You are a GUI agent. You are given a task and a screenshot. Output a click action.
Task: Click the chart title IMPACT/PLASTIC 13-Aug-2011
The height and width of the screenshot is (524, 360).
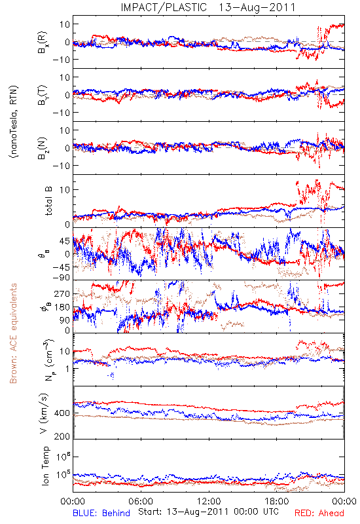click(x=208, y=7)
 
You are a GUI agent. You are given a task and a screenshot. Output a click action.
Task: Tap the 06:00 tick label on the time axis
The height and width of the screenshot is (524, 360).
click(x=141, y=501)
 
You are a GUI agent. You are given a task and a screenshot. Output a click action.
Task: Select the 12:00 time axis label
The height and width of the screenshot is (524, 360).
click(x=209, y=501)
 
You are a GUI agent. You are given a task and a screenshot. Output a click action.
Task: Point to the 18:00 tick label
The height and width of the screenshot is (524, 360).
click(x=277, y=501)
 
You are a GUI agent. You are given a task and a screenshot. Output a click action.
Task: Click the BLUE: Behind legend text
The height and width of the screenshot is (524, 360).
click(x=101, y=513)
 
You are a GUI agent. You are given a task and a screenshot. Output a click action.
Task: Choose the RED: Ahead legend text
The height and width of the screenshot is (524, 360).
click(x=319, y=513)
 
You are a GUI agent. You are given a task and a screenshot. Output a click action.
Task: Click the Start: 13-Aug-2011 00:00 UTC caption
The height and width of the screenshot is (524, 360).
click(x=208, y=512)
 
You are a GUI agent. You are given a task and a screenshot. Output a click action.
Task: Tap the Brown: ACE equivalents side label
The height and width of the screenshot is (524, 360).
click(x=13, y=333)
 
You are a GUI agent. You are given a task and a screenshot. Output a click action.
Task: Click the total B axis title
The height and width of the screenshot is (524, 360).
click(x=48, y=201)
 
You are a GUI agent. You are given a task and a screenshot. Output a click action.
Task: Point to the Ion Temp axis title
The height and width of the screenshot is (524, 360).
click(x=45, y=466)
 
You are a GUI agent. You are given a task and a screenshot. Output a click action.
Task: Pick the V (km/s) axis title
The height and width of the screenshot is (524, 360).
click(x=44, y=413)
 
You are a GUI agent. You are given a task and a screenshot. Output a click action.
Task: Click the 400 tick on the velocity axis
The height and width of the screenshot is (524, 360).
click(x=62, y=413)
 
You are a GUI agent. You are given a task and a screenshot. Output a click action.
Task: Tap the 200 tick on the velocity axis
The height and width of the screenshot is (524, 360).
click(x=62, y=436)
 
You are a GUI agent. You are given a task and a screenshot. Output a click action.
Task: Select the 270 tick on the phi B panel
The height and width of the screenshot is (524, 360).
click(x=62, y=293)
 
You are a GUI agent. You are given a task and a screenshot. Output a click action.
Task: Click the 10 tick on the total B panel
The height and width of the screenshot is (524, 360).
click(x=65, y=190)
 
